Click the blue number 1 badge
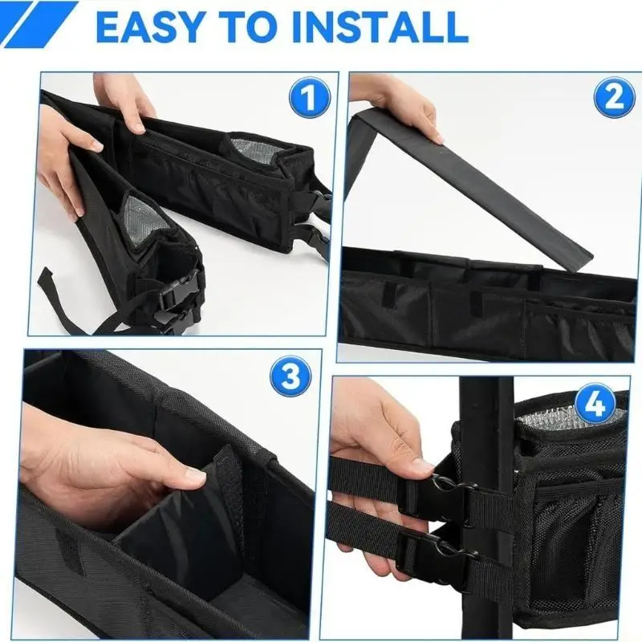(x=310, y=97)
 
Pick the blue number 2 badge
(x=614, y=97)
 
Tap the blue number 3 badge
(x=291, y=376)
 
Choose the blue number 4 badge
(x=595, y=404)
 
